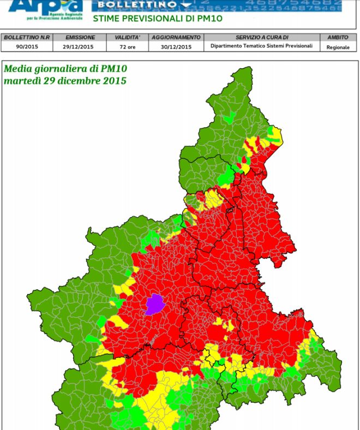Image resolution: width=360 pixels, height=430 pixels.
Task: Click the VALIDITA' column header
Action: [127, 38]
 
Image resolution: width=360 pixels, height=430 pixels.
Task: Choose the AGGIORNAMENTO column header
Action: [176, 38]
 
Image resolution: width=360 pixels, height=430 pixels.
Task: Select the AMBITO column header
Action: [338, 38]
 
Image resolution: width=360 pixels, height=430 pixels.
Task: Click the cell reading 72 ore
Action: [127, 46]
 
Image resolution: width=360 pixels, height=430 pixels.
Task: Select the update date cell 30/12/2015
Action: [176, 46]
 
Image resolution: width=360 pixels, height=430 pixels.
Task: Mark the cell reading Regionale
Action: [338, 47]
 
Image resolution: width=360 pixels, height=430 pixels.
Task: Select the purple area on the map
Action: [154, 304]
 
